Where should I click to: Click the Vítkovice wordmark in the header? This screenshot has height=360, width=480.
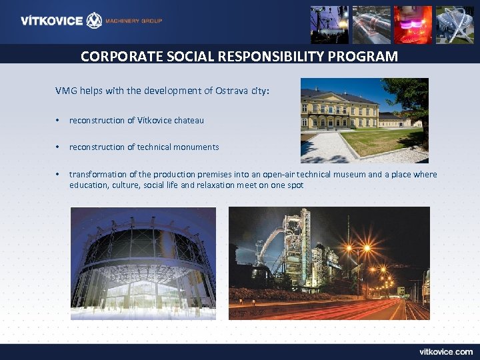pyautogui.click(x=51, y=21)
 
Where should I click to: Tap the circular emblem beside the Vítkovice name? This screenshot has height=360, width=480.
pyautogui.click(x=95, y=21)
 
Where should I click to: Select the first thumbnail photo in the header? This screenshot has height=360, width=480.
pyautogui.click(x=329, y=25)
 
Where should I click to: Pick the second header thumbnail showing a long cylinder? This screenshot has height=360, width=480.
pyautogui.click(x=371, y=25)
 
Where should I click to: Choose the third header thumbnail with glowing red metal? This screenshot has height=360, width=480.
pyautogui.click(x=413, y=25)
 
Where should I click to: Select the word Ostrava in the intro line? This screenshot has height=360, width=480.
pyautogui.click(x=231, y=91)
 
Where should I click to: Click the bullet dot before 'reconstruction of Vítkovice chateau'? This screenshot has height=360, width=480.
pyautogui.click(x=59, y=121)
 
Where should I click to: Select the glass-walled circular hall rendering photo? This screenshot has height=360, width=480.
pyautogui.click(x=143, y=263)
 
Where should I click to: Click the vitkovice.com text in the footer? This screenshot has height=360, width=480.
pyautogui.click(x=445, y=351)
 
